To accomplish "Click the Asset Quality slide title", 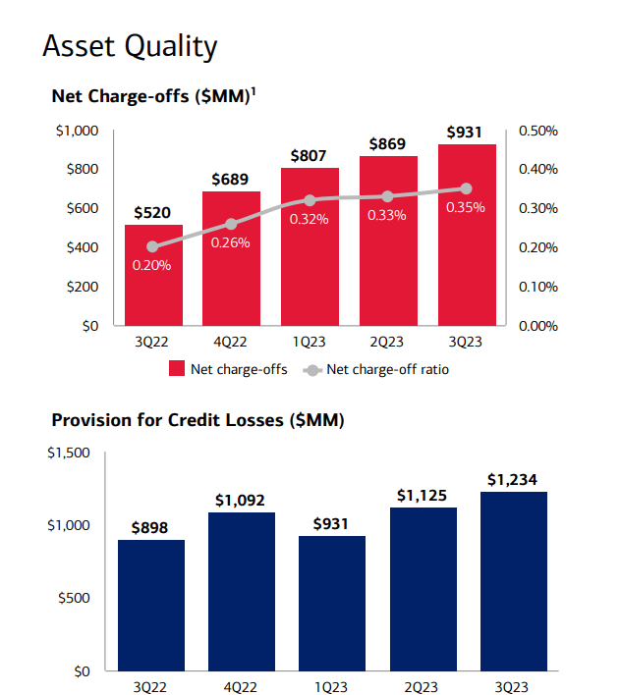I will [130, 46].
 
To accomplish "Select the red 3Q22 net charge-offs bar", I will [153, 276].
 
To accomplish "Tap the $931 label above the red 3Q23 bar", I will [467, 132].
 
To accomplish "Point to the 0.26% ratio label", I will [231, 242].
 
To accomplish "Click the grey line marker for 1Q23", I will [310, 199].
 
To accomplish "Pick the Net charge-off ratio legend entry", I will [387, 370].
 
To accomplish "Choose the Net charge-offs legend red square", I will [177, 370].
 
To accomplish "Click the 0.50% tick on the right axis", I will [537, 130].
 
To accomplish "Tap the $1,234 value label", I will [512, 479].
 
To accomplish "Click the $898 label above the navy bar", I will [151, 527].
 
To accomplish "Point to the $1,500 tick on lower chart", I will [69, 453].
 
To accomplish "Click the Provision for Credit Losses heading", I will [197, 420].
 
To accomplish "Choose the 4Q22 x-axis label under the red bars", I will [231, 341].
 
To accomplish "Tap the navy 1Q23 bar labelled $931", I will [332, 603].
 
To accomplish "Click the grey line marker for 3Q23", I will [467, 188].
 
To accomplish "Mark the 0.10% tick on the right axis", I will [537, 287].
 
